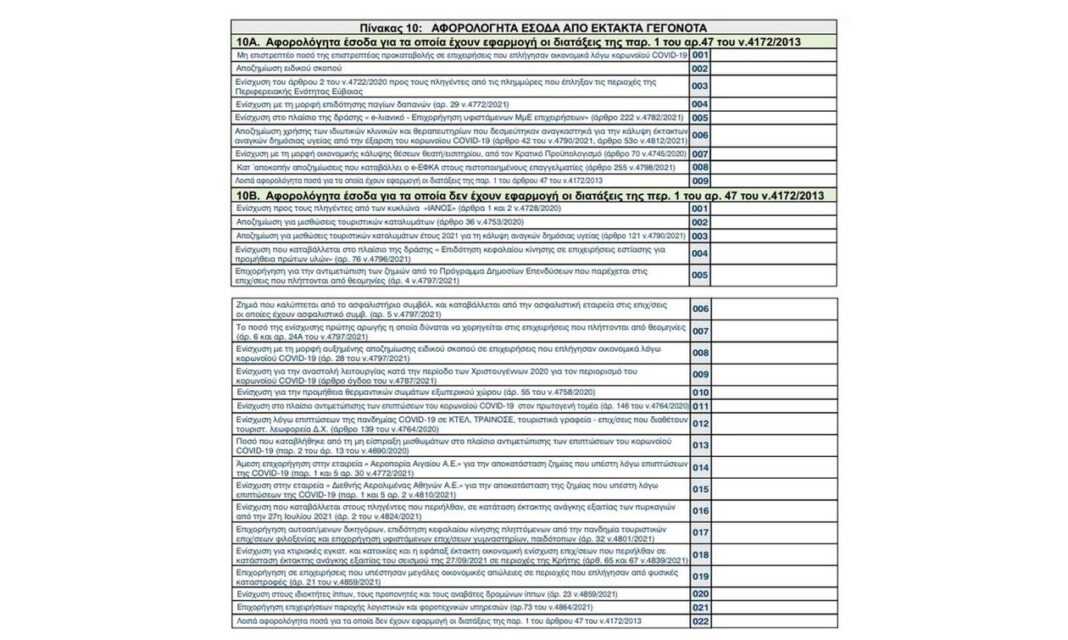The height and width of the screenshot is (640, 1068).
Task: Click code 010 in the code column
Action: coord(700,393)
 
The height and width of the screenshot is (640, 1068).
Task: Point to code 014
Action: coord(700,467)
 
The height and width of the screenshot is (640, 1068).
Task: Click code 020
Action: coord(700,594)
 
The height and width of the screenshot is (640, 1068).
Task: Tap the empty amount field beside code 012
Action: coord(773,423)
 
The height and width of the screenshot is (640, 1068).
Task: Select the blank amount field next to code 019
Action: coord(773,577)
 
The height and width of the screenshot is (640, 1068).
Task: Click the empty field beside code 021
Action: coord(773,608)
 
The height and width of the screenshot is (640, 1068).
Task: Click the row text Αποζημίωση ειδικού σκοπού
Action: coord(276,68)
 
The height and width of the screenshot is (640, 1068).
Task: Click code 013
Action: coord(700,445)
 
